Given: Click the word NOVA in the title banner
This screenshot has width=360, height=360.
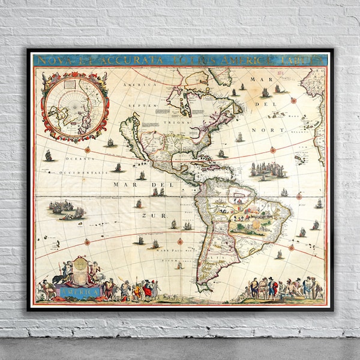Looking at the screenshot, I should (50, 61).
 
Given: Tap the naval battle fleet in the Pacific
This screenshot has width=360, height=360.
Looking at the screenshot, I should (63, 208).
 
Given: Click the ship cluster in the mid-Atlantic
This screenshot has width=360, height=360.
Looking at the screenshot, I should (268, 169).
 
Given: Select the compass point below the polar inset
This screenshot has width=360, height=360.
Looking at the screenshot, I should (88, 149).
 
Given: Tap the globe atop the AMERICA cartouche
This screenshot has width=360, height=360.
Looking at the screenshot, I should (81, 263).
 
